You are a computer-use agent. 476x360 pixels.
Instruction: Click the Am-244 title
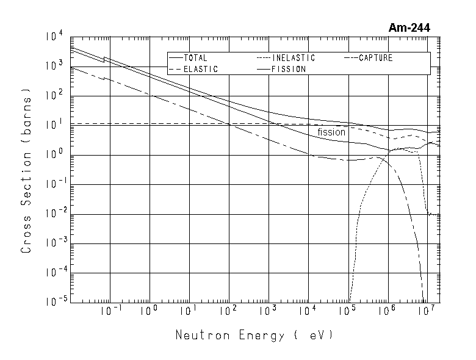pyautogui.click(x=409, y=27)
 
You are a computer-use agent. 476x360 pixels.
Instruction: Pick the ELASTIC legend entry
pyautogui.click(x=200, y=70)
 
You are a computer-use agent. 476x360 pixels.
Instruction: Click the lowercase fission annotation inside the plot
pyautogui.click(x=331, y=132)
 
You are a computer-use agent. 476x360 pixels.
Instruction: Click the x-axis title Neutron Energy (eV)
pyautogui.click(x=254, y=336)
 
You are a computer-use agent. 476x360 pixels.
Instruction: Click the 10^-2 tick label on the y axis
pyautogui.click(x=54, y=213)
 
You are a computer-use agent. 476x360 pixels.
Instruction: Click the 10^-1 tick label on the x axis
pyautogui.click(x=109, y=311)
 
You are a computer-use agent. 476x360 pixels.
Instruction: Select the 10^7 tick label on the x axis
pyautogui.click(x=427, y=311)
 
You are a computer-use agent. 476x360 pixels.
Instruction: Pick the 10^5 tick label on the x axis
pyautogui.click(x=348, y=311)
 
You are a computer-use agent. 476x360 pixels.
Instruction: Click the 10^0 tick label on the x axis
pyautogui.click(x=150, y=311)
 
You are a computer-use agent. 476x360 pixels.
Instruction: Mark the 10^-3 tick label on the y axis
pyautogui.click(x=54, y=242)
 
